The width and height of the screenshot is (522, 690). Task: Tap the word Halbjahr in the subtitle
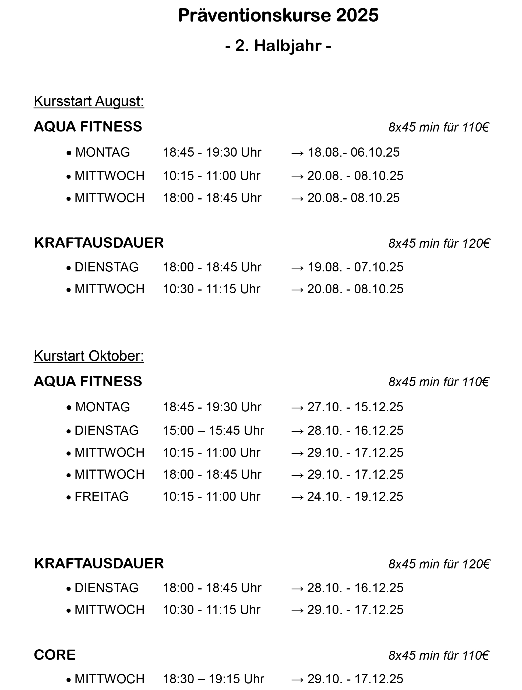(287, 46)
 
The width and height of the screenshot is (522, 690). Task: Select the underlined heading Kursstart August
(89, 101)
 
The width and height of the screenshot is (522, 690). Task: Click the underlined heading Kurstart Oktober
(89, 356)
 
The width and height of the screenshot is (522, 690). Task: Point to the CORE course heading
(55, 654)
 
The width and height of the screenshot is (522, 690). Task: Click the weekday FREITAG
(101, 496)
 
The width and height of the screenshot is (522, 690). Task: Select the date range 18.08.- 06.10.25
(354, 152)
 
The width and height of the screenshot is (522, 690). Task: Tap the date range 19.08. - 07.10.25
(355, 267)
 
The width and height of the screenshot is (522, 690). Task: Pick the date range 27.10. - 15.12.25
(355, 407)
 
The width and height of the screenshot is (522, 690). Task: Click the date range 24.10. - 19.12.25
(355, 496)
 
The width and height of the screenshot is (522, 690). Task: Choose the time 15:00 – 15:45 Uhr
(213, 430)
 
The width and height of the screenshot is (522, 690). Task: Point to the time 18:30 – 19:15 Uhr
(213, 679)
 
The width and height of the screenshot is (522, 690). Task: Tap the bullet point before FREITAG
(69, 497)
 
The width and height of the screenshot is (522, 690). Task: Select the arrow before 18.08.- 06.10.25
(297, 153)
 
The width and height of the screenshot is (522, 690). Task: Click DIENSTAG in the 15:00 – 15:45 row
(107, 430)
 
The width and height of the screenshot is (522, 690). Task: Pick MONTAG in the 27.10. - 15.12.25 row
(103, 407)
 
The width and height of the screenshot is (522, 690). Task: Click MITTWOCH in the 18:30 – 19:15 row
(109, 679)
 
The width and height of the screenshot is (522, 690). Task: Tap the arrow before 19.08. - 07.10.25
(297, 268)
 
